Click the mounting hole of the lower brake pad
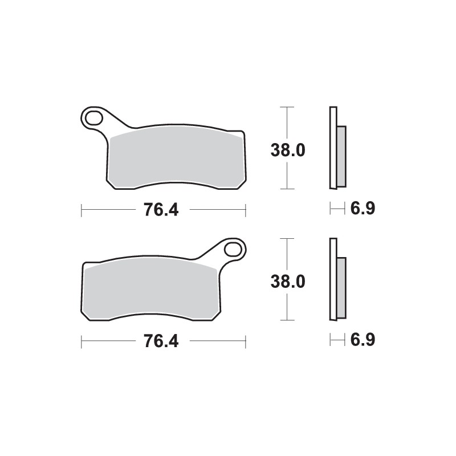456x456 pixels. click(233, 249)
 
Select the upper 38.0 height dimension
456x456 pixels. click(288, 150)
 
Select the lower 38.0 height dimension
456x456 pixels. click(288, 282)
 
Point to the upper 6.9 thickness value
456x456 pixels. click(362, 209)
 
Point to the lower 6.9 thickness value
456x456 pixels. click(362, 340)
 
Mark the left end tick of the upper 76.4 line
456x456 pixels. click(82, 210)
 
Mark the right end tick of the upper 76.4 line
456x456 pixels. click(245, 210)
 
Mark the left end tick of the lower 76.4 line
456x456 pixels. click(82, 341)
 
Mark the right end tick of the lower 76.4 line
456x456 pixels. click(245, 341)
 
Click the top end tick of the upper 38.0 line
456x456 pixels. click(289, 107)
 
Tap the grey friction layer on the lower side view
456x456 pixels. click(341, 288)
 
